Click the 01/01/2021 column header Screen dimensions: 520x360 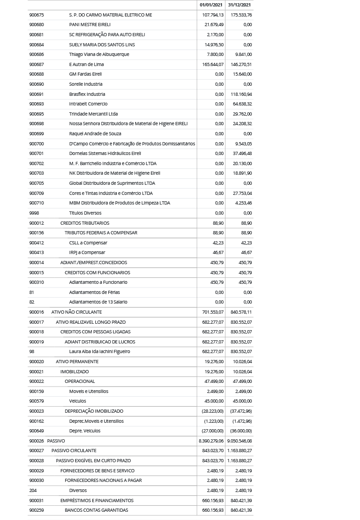pyautogui.click(x=211, y=5)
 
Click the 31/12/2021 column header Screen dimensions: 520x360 pyautogui.click(x=239, y=5)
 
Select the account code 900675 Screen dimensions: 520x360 pyautogui.click(x=37, y=15)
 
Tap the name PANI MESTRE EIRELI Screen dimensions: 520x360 pyautogui.click(x=90, y=25)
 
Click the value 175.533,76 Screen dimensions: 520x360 pyautogui.click(x=241, y=15)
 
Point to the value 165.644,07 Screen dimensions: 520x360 pyautogui.click(x=213, y=64)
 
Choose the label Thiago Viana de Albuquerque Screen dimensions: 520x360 pyautogui.click(x=99, y=55)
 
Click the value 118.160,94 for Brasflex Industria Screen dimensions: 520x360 pyautogui.click(x=241, y=94)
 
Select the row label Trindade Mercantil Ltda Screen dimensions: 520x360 pyautogui.click(x=94, y=114)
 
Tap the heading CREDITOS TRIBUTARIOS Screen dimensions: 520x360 pyautogui.click(x=85, y=223)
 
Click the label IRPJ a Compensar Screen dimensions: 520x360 pyautogui.click(x=87, y=253)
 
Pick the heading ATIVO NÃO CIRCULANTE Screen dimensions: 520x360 pyautogui.click(x=77, y=312)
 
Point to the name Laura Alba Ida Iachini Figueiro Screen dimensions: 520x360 pyautogui.click(x=100, y=352)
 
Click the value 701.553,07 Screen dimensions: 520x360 pyautogui.click(x=213, y=312)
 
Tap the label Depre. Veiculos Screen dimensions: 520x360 pyautogui.click(x=85, y=431)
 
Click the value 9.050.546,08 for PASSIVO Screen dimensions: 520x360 pyautogui.click(x=239, y=441)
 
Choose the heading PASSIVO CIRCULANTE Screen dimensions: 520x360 pyautogui.click(x=74, y=451)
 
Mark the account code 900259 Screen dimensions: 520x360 pyautogui.click(x=37, y=510)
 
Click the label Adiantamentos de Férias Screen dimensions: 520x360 pyautogui.click(x=94, y=292)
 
